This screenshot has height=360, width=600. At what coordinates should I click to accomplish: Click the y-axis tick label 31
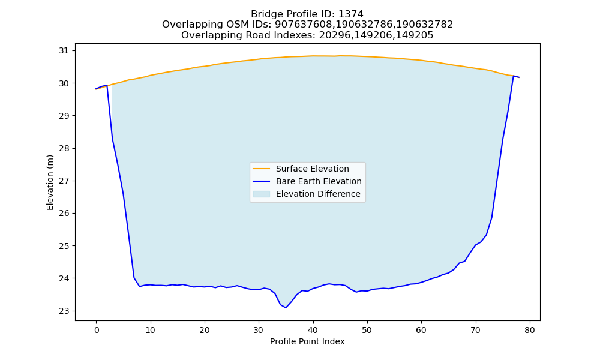(64, 51)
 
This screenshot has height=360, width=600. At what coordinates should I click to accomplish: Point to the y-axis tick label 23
(64, 311)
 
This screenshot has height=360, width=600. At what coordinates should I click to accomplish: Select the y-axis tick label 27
(64, 181)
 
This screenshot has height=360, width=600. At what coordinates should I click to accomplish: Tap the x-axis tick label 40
(313, 330)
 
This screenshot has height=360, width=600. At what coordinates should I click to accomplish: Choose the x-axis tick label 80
(530, 330)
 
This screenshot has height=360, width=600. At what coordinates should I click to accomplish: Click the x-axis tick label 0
(97, 330)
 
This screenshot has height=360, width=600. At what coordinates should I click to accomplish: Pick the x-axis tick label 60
(421, 330)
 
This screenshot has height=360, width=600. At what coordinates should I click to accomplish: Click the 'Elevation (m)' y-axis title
(50, 182)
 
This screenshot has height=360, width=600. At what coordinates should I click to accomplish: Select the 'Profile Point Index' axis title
(307, 341)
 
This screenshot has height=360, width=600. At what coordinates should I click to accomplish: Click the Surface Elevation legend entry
(312, 169)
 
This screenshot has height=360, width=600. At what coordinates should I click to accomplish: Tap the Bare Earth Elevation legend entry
(319, 181)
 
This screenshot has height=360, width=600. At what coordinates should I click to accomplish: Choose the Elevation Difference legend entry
(318, 194)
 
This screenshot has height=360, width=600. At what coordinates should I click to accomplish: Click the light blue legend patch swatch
(262, 194)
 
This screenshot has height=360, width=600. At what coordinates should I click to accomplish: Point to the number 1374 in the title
(351, 14)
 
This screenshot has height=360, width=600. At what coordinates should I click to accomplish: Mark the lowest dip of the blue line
(286, 308)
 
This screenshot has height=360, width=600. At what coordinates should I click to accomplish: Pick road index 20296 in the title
(334, 35)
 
